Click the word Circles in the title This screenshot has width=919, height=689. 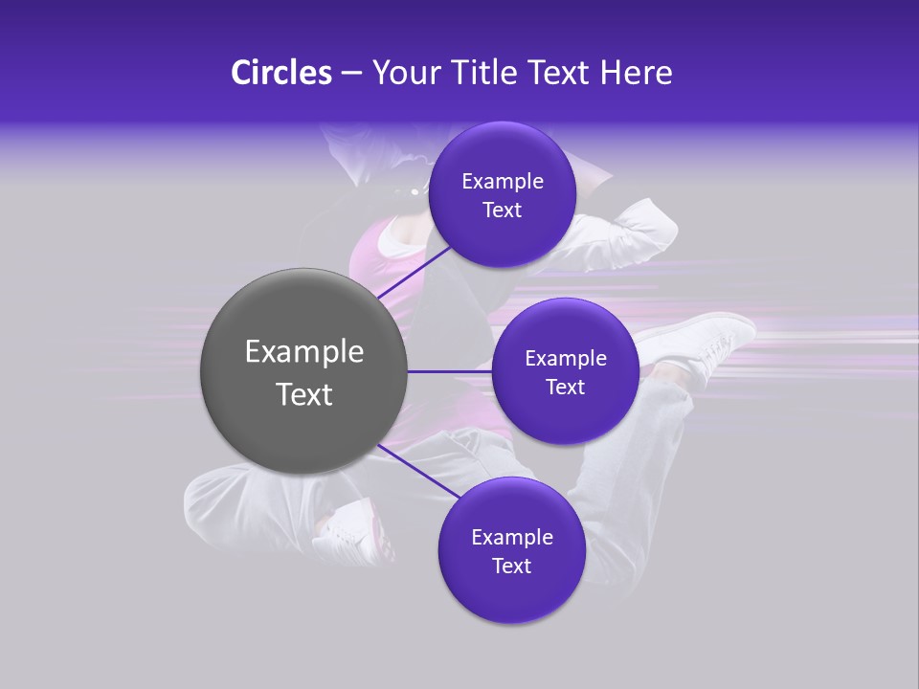[280, 73]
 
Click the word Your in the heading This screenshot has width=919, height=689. [403, 73]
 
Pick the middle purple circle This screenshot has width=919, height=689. [565, 416]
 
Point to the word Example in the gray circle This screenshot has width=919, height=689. [304, 352]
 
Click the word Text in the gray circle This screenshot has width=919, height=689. [304, 394]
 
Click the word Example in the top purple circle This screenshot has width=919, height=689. [503, 182]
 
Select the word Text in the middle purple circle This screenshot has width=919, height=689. [565, 388]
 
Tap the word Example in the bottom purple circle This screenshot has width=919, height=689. [512, 538]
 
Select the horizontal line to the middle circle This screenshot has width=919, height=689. [449, 371]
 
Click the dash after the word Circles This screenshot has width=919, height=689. [351, 74]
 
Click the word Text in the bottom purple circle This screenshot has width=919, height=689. [511, 567]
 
